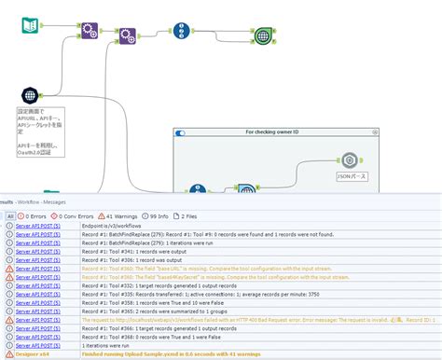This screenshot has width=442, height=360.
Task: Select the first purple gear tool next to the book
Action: [90, 32]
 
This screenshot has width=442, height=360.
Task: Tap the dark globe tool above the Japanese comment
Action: [31, 95]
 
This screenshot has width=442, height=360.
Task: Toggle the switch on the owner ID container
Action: [181, 133]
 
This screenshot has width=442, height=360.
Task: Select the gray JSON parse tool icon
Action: [350, 160]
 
